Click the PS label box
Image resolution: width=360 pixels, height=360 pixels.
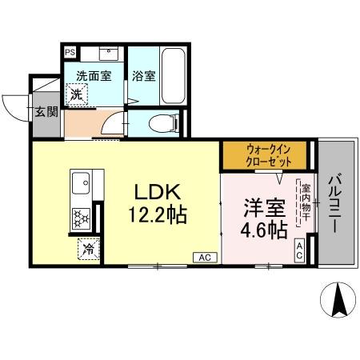tap(69, 50)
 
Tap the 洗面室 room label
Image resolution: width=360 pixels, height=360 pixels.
tap(94, 77)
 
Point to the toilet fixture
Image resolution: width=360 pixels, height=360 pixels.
tap(162, 123)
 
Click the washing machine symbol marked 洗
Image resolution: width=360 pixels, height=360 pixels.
tap(76, 96)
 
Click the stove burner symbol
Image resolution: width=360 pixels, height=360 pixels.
tap(81, 217)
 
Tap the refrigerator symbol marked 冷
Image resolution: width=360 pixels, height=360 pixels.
tap(88, 250)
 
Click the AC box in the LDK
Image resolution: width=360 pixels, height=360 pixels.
tap(205, 258)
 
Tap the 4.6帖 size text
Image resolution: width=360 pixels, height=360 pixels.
tap(264, 231)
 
